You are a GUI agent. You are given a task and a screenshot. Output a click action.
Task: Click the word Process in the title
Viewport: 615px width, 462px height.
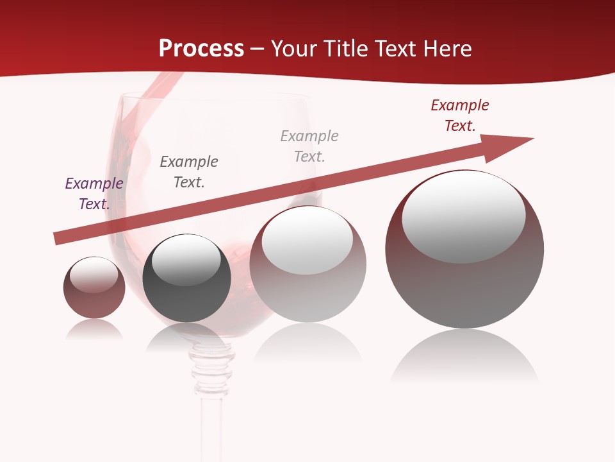point(201,49)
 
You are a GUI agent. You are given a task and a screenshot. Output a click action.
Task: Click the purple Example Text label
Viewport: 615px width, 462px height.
point(94,194)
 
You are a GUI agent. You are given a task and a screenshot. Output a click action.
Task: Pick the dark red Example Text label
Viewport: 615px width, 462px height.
point(460,116)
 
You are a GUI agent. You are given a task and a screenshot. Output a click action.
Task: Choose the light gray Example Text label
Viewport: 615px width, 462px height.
point(309,146)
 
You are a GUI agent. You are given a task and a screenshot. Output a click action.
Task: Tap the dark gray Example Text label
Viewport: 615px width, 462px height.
point(189,172)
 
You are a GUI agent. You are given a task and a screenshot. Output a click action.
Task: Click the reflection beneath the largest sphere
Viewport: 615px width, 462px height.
point(464,356)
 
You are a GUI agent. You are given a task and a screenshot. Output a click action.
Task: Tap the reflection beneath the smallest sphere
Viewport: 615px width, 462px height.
point(94,330)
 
